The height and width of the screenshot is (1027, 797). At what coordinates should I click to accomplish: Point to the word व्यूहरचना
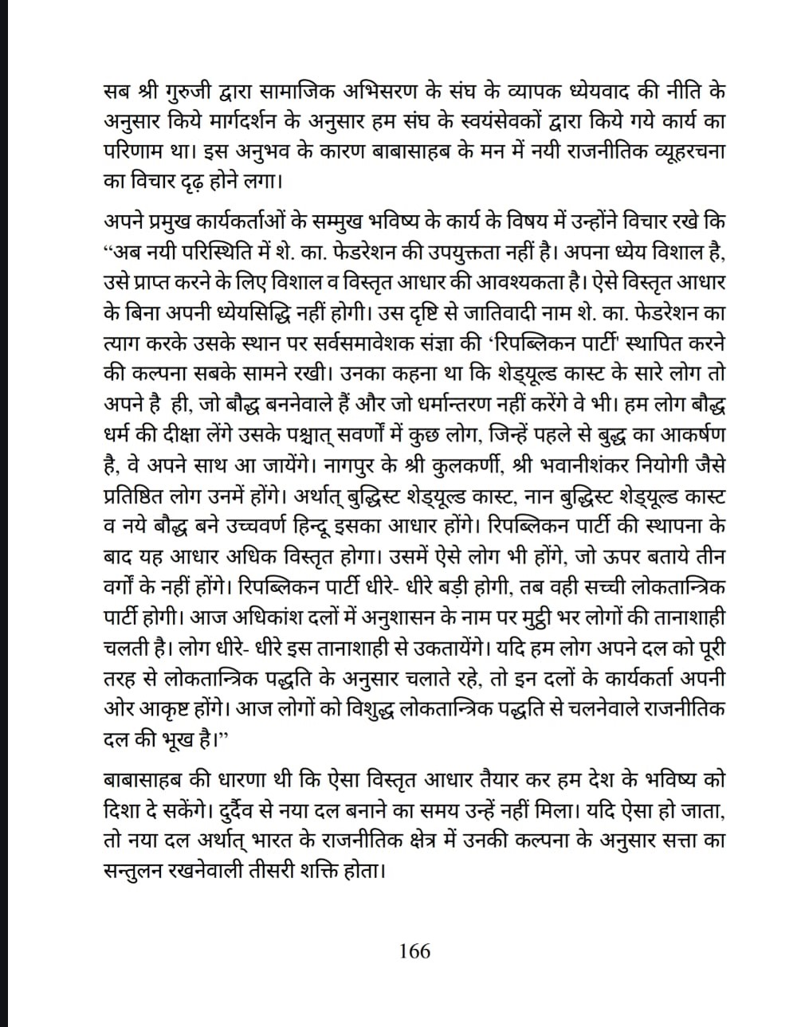[683, 150]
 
